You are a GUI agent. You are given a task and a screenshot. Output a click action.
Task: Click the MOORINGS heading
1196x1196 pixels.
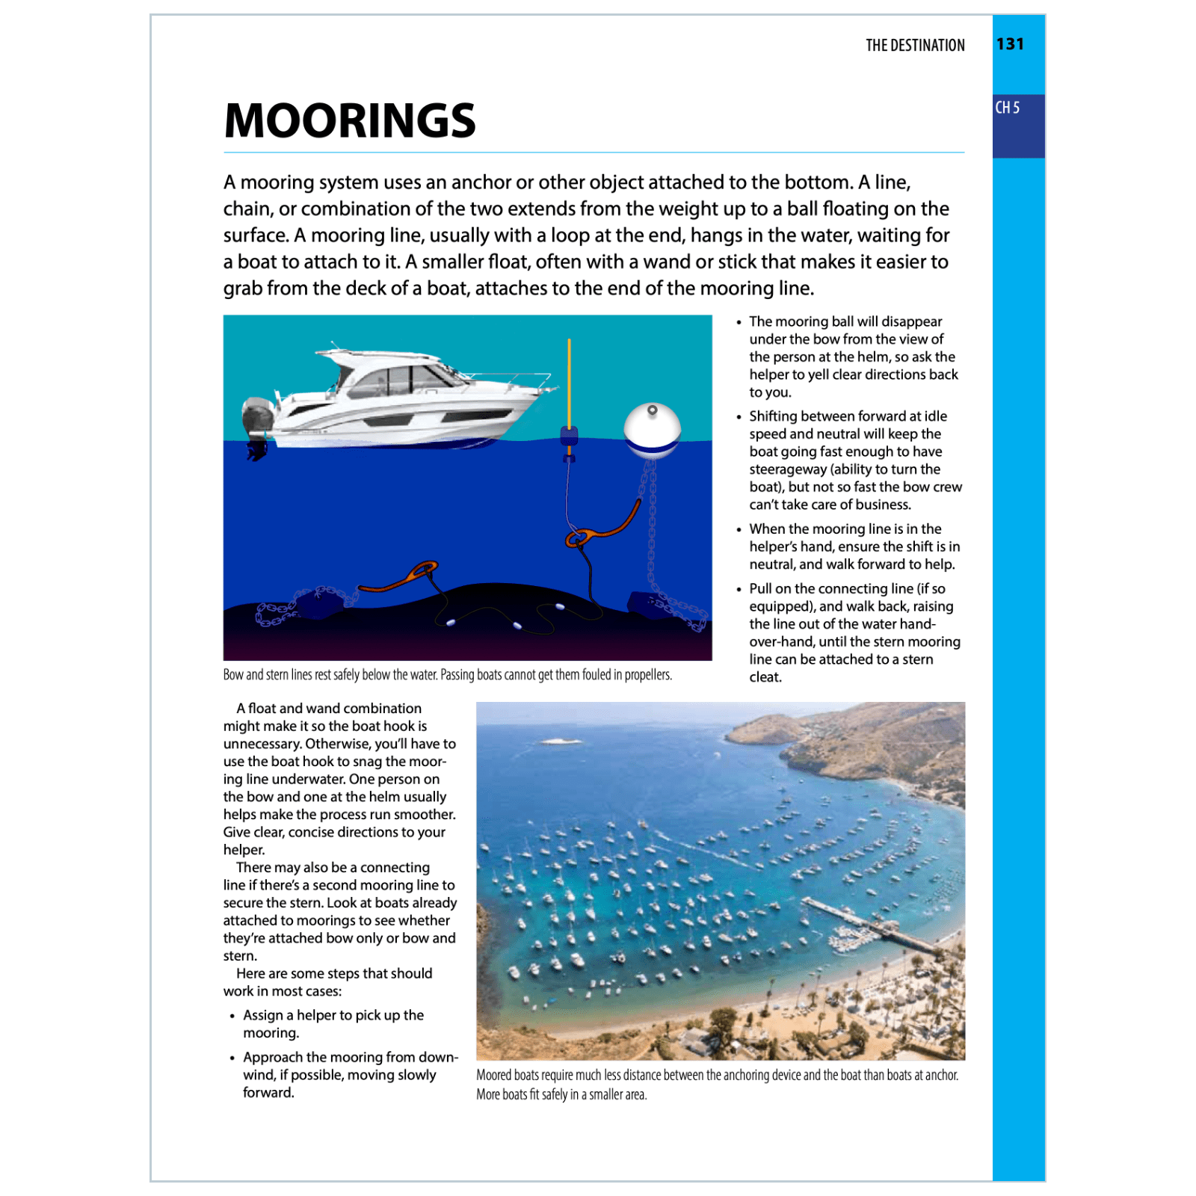[349, 121]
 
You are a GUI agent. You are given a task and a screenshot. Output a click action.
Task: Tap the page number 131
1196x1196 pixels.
[1010, 44]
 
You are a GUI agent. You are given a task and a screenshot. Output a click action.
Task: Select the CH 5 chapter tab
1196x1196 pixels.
[1008, 108]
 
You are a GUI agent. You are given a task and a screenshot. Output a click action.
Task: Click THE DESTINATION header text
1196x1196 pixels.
[914, 46]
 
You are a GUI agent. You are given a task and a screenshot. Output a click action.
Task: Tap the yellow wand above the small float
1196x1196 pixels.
[569, 381]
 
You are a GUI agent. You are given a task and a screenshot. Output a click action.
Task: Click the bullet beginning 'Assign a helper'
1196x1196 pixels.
[333, 1023]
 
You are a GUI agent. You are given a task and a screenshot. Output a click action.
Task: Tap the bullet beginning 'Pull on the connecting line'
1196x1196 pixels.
[847, 589]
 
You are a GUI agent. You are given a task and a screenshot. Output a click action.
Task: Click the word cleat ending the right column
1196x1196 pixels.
[765, 677]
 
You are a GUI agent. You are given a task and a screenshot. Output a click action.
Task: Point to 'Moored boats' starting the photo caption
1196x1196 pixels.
[507, 1075]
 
